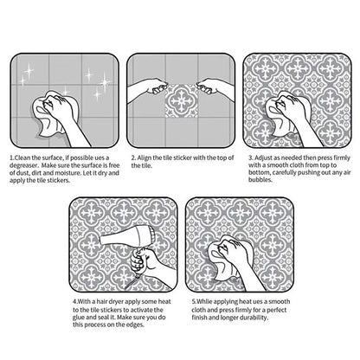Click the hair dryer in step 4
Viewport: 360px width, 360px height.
pos(128,237)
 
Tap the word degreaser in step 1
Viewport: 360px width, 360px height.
pos(23,165)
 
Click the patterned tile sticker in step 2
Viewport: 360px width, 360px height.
pos(182,100)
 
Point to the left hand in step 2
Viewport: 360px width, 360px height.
pos(147,88)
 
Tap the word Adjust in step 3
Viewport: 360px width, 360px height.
pos(263,158)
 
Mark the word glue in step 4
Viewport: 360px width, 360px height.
pos(79,318)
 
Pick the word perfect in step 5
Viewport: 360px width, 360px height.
pos(276,310)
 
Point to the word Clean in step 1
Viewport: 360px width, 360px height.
pos(22,158)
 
